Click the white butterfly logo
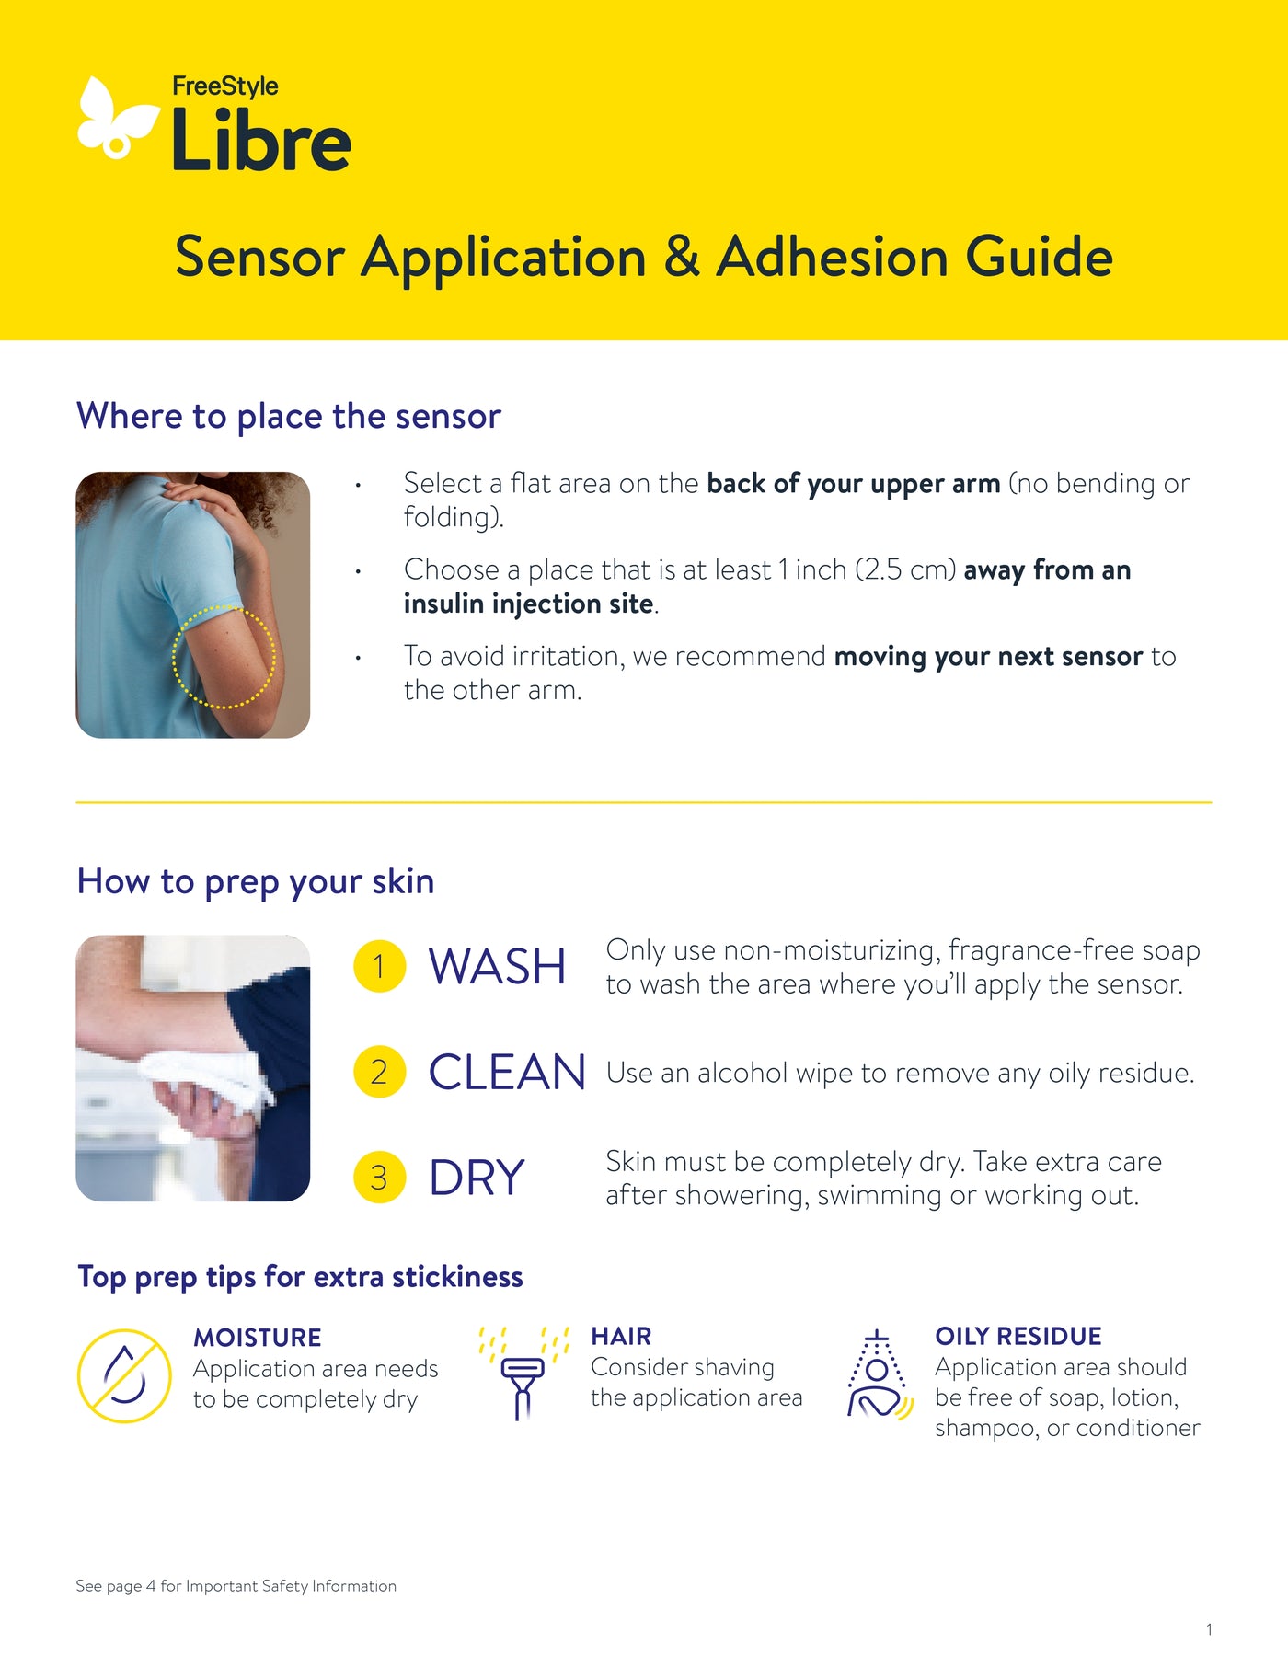tap(115, 120)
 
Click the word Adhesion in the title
tap(831, 257)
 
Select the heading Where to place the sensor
tap(289, 416)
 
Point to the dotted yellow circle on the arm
tap(224, 657)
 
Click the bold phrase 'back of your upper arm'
tap(853, 484)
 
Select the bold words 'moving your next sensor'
tap(988, 657)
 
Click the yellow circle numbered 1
tap(379, 967)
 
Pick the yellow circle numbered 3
tap(379, 1178)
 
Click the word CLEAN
tap(507, 1073)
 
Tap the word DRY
tap(477, 1178)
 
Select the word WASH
tap(497, 967)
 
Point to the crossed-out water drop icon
tap(124, 1375)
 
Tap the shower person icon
tap(879, 1375)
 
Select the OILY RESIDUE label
tap(1018, 1336)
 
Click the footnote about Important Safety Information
tap(236, 1586)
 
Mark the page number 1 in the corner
tap(1209, 1629)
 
